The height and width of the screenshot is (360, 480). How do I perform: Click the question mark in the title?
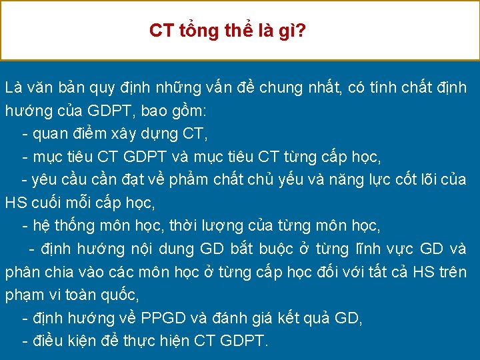pyautogui.click(x=302, y=31)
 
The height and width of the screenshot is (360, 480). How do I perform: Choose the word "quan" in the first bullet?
pyautogui.click(x=55, y=133)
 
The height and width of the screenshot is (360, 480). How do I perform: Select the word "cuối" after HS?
pyautogui.click(x=51, y=202)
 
